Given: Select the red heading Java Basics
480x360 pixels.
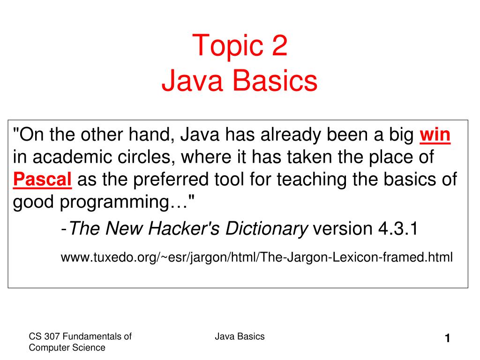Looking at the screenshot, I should (x=240, y=81).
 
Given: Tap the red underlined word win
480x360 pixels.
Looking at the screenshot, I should (x=435, y=135).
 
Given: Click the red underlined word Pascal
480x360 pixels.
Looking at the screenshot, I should (x=42, y=180).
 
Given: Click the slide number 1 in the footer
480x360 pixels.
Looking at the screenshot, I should (x=448, y=338).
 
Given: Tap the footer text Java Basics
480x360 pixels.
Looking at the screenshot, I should (x=240, y=336).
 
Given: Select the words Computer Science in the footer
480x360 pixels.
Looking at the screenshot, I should (x=67, y=347).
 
